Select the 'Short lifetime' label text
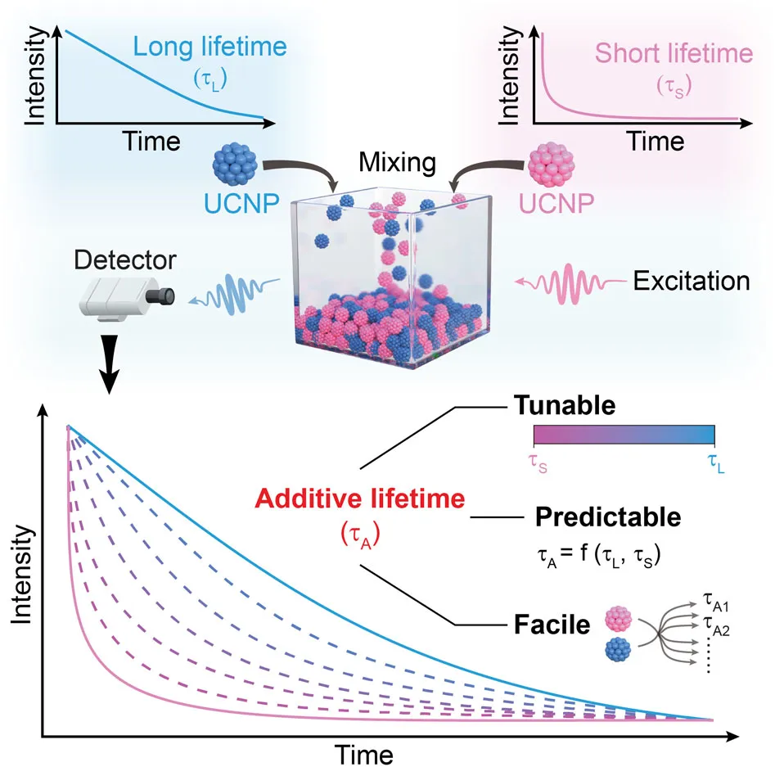coord(673,54)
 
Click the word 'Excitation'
coord(692,281)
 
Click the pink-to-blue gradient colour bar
coord(624,434)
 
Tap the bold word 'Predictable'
coord(608,517)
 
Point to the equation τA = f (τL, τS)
coord(602,556)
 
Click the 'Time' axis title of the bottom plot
coord(364,751)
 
